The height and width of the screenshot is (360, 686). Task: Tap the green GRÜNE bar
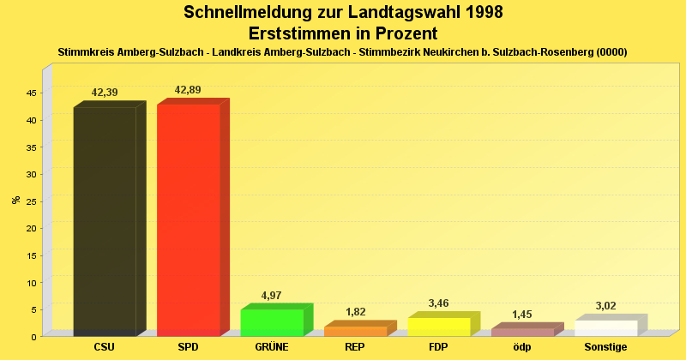pyautogui.click(x=272, y=322)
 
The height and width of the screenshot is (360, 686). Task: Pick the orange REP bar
pyautogui.click(x=355, y=331)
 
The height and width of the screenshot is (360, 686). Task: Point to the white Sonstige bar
pyautogui.click(x=606, y=327)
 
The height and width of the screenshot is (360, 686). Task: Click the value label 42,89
pyautogui.click(x=188, y=90)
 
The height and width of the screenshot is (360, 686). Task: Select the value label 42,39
pyautogui.click(x=105, y=93)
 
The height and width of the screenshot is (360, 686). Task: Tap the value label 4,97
pyautogui.click(x=271, y=296)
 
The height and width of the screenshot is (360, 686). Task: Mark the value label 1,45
pyautogui.click(x=522, y=315)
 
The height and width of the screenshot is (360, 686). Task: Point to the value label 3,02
pyautogui.click(x=605, y=306)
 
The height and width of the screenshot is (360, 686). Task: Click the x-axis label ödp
pyautogui.click(x=522, y=347)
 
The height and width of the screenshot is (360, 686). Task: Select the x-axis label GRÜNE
pyautogui.click(x=272, y=347)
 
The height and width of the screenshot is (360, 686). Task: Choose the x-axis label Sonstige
pyautogui.click(x=605, y=347)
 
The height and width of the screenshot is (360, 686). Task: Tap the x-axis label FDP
pyautogui.click(x=439, y=347)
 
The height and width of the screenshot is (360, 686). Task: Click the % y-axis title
pyautogui.click(x=16, y=200)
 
